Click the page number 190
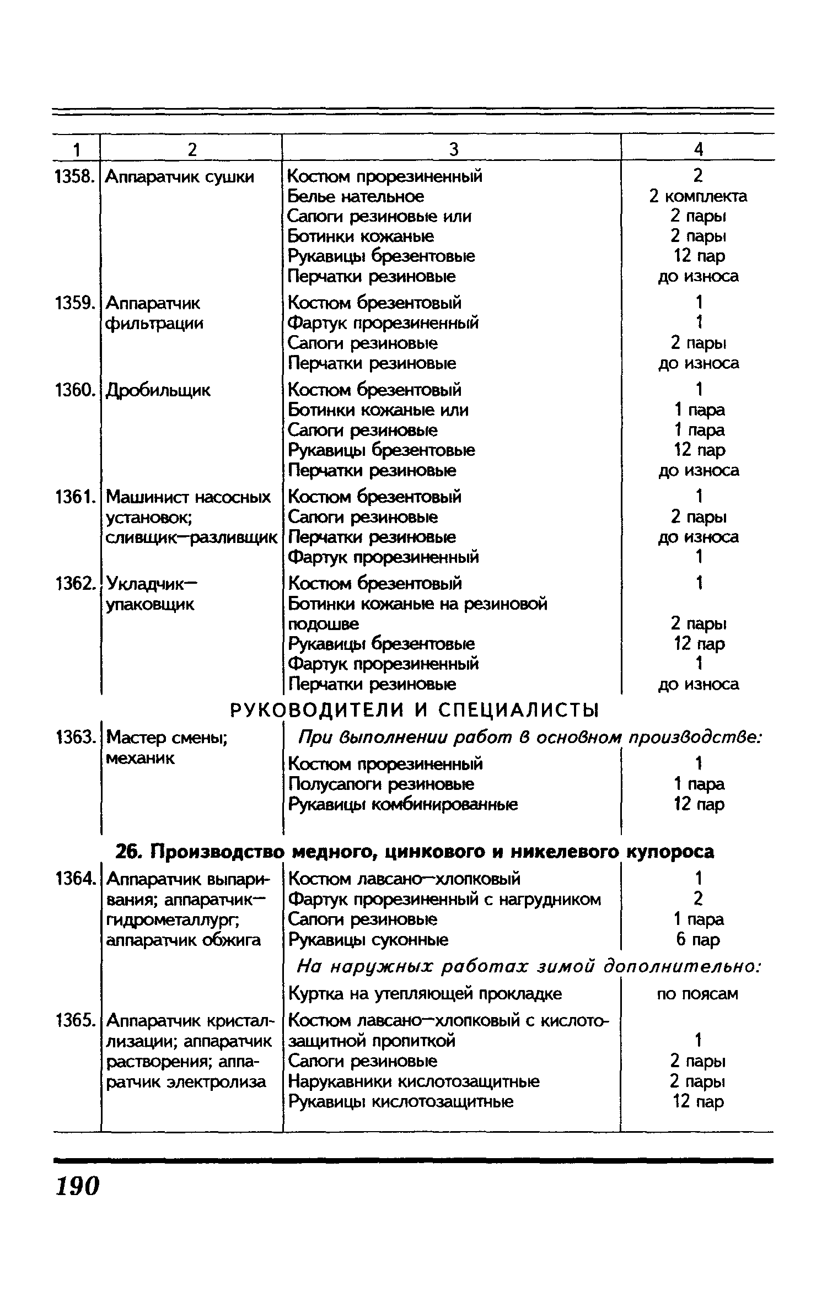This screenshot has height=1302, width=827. [77, 1186]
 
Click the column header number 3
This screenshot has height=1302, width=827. [453, 149]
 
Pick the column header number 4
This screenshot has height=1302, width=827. [698, 149]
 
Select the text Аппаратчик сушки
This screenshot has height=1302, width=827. [180, 177]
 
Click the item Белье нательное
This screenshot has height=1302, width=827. [356, 196]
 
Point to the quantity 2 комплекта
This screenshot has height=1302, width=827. [698, 196]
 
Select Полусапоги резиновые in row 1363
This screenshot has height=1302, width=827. [382, 784]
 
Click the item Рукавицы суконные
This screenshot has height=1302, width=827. [368, 939]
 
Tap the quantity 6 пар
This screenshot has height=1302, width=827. [698, 939]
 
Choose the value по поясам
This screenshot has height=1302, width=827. [698, 994]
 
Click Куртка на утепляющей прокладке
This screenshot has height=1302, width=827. [425, 994]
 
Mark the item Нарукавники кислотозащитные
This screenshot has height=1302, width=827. [414, 1082]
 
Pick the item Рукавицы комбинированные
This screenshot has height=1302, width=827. [403, 804]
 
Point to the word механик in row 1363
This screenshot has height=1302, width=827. [140, 758]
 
